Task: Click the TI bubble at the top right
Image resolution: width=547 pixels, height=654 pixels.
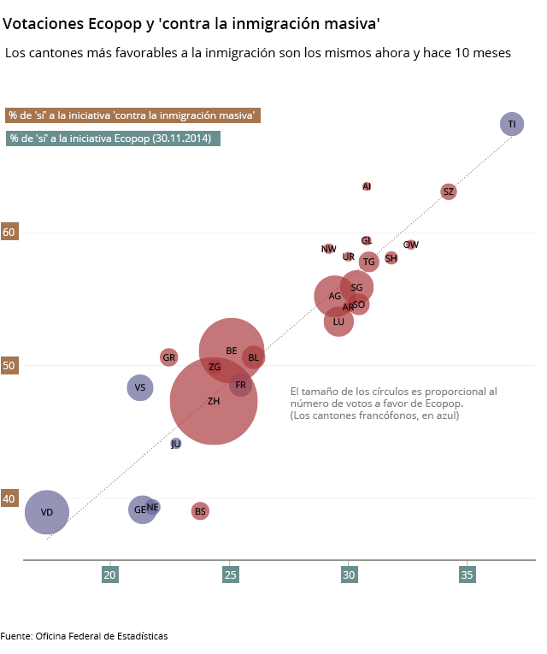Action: (x=512, y=124)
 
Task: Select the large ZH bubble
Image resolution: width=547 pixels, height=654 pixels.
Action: (x=214, y=401)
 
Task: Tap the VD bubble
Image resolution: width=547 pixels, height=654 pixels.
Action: (x=47, y=512)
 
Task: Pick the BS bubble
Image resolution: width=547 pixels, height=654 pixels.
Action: (x=200, y=511)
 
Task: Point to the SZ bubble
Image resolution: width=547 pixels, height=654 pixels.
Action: (x=448, y=191)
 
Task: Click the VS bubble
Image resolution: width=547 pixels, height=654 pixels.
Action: (x=140, y=387)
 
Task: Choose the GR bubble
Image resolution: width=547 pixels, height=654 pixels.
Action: (x=169, y=356)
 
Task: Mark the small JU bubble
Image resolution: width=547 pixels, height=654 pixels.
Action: (x=176, y=444)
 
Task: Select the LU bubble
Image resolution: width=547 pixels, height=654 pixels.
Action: (x=338, y=321)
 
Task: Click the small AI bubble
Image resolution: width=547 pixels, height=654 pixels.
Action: (x=367, y=186)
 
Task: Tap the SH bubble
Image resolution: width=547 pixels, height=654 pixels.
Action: (x=391, y=258)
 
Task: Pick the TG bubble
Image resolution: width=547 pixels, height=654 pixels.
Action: (x=369, y=262)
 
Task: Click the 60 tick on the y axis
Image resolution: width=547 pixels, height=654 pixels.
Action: (x=9, y=232)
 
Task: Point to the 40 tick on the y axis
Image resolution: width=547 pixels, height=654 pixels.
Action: (x=9, y=498)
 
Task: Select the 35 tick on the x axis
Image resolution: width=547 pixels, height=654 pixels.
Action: (x=468, y=575)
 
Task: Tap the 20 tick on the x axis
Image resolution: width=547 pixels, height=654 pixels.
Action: (x=110, y=575)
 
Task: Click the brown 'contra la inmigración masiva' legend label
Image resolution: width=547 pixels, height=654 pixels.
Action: (x=132, y=115)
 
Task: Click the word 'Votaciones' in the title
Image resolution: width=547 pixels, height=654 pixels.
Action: (x=44, y=23)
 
